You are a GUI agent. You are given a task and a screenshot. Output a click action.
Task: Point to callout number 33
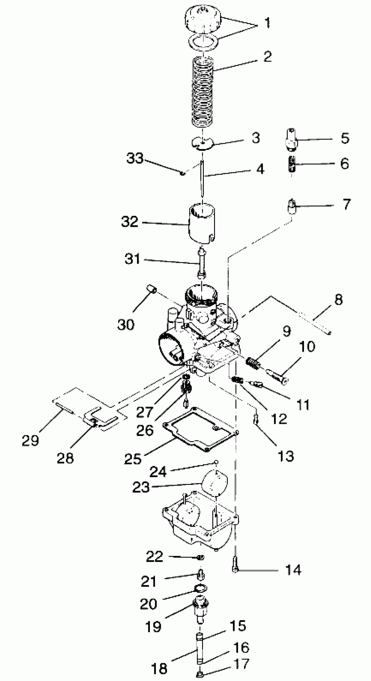(135, 158)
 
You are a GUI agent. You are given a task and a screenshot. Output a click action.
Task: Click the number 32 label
(130, 221)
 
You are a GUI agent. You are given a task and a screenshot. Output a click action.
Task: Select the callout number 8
(338, 300)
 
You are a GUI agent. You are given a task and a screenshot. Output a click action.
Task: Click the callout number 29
(30, 440)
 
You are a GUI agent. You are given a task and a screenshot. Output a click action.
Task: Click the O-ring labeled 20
(200, 588)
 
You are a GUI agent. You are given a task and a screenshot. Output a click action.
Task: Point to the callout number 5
(345, 138)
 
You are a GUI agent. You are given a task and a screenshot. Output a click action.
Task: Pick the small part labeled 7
(291, 206)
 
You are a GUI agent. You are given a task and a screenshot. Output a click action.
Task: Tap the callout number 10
(307, 346)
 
